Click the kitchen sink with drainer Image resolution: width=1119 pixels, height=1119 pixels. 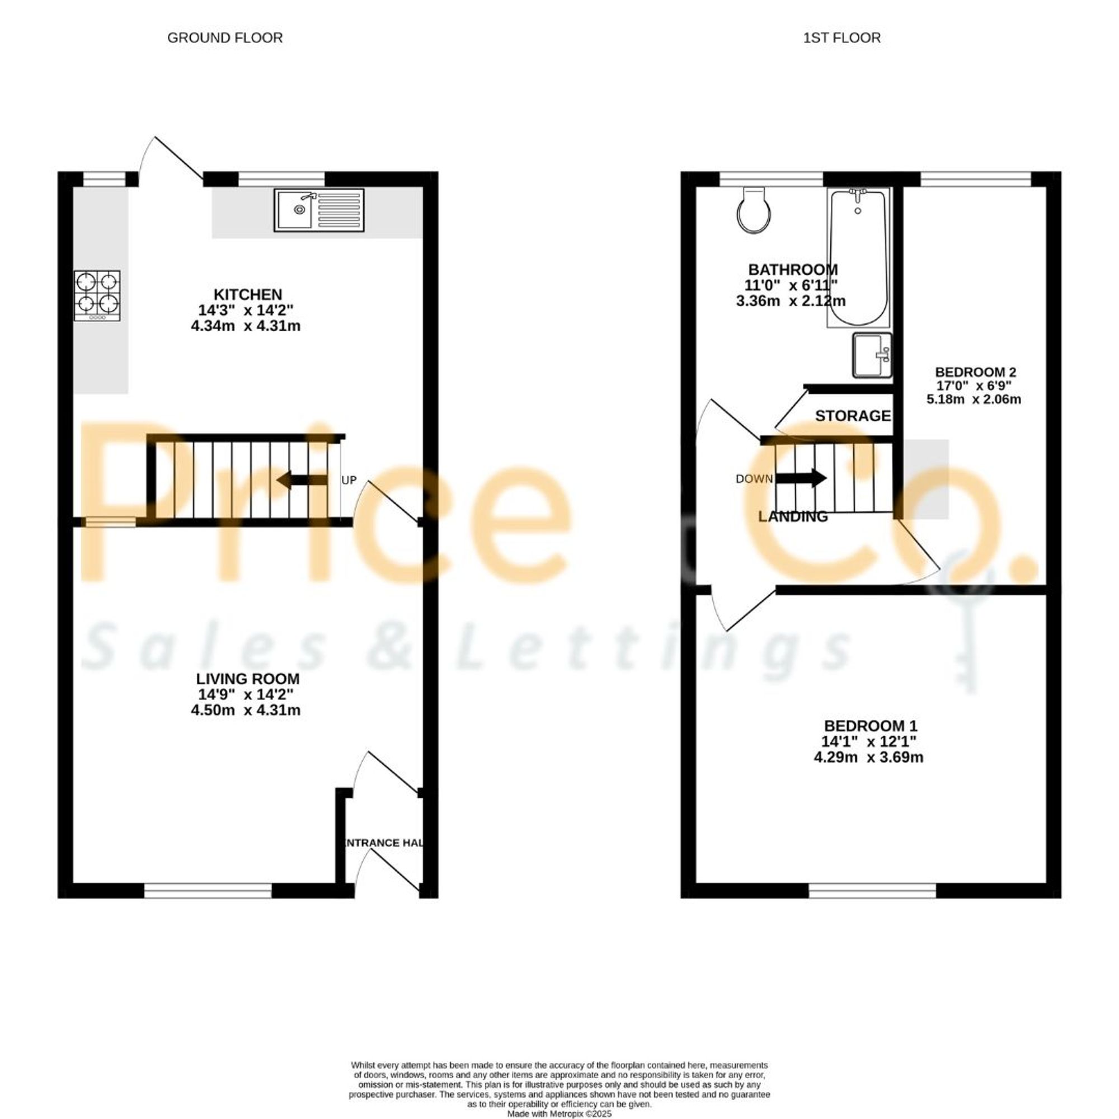pos(320,210)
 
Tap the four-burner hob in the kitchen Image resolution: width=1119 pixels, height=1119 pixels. pos(97,295)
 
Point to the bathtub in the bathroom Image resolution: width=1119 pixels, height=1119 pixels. pos(858,258)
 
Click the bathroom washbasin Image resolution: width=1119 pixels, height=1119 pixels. pos(872,355)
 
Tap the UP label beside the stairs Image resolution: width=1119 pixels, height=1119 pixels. pos(349,480)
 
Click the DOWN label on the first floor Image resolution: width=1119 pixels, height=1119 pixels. pos(754,479)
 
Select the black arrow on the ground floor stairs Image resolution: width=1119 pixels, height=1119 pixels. pos(302,480)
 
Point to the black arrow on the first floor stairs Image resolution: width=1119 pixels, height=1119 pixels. pos(801,478)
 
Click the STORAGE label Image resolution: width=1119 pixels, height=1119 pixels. pos(853,416)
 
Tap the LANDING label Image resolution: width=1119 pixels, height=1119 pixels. pos(793,516)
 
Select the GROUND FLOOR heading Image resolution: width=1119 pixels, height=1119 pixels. pos(225,38)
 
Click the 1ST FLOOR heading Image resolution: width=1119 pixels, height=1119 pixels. pos(841,38)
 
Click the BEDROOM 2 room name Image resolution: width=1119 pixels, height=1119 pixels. pos(975,372)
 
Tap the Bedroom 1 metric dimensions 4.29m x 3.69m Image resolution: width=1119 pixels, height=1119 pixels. pos(868,757)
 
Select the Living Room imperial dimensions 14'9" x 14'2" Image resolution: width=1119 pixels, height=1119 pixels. pos(248,694)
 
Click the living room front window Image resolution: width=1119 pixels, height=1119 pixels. pos(208,891)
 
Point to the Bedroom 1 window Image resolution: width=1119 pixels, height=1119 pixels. pos(872,891)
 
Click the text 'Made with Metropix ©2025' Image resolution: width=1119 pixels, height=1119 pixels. pos(559,1114)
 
